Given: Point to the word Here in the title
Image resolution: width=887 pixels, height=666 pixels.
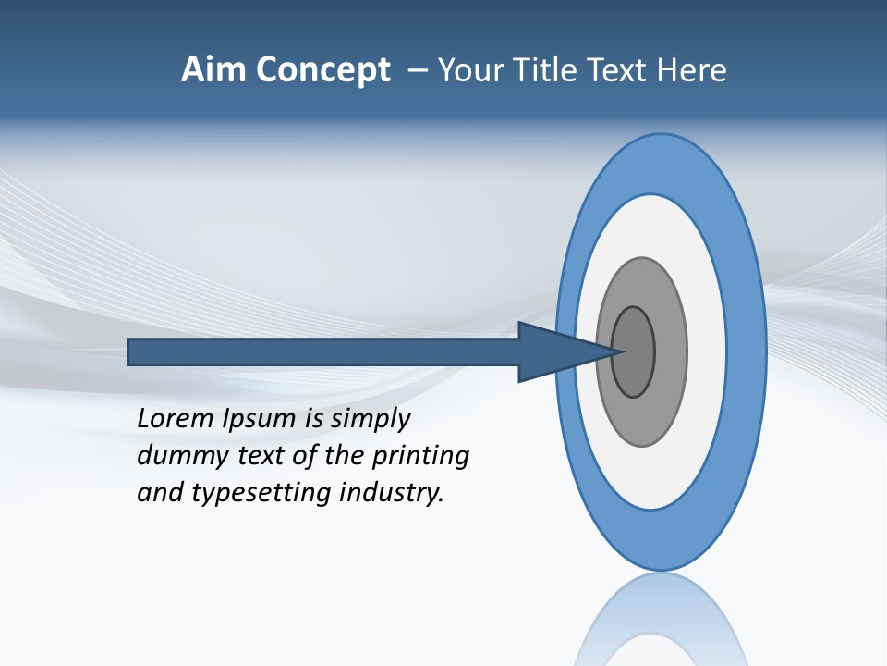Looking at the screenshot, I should point(692,70).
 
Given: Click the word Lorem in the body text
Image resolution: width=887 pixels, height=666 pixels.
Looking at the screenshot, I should point(175,418).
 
